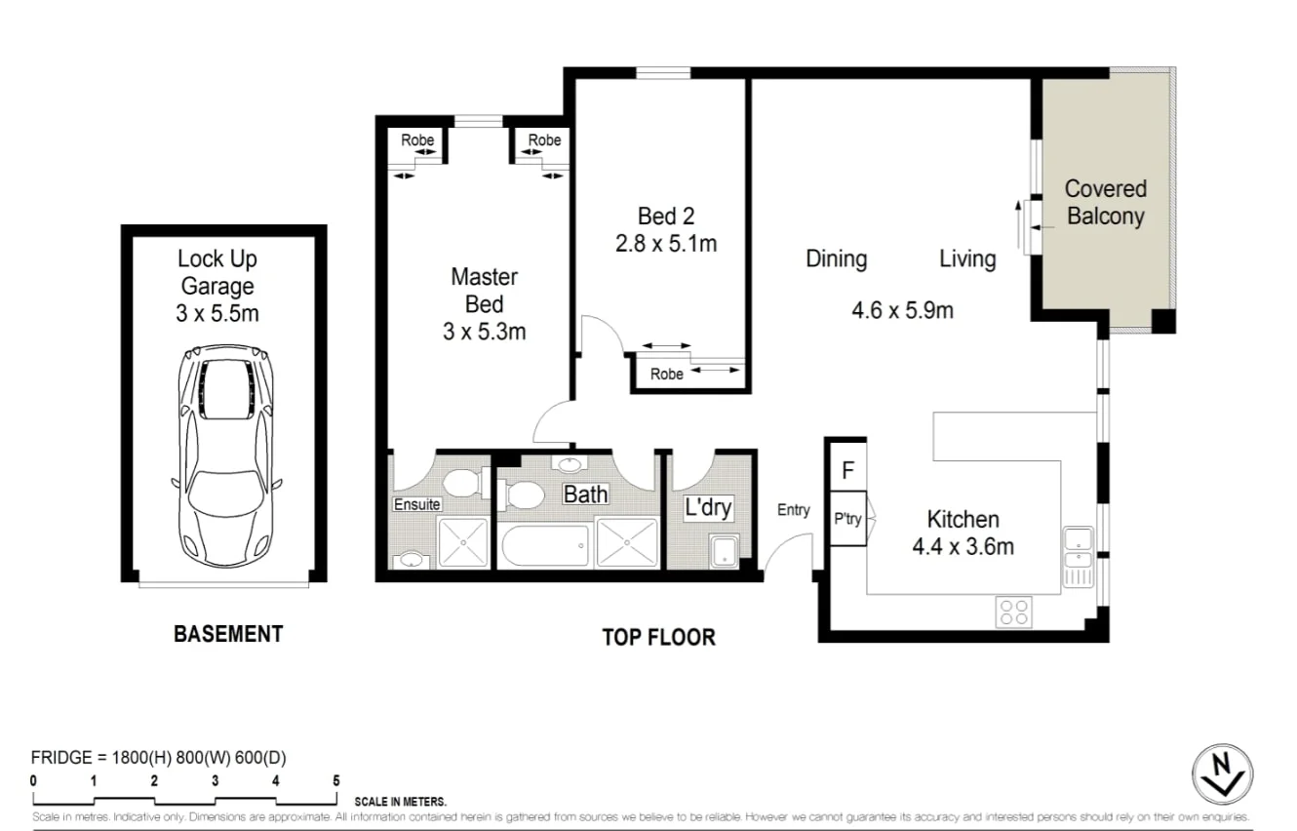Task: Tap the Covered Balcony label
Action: pyautogui.click(x=1105, y=202)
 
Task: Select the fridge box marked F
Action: pyautogui.click(x=847, y=471)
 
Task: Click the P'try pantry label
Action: pyautogui.click(x=846, y=519)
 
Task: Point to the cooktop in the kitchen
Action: pyautogui.click(x=1013, y=612)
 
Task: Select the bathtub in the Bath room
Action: pyautogui.click(x=546, y=545)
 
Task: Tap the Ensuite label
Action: pyautogui.click(x=416, y=504)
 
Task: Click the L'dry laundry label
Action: pyautogui.click(x=707, y=507)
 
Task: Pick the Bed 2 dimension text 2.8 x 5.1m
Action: pyautogui.click(x=665, y=243)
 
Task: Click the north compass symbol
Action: pyautogui.click(x=1222, y=775)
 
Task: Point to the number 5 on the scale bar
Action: pyautogui.click(x=335, y=780)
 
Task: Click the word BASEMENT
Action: pyautogui.click(x=228, y=634)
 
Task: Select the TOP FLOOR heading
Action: pyautogui.click(x=658, y=638)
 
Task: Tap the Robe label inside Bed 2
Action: pyautogui.click(x=666, y=374)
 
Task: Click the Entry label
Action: pyautogui.click(x=793, y=509)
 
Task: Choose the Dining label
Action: pyautogui.click(x=836, y=258)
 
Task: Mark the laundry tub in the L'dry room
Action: pyautogui.click(x=723, y=551)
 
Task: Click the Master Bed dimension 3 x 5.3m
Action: pyautogui.click(x=484, y=332)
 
